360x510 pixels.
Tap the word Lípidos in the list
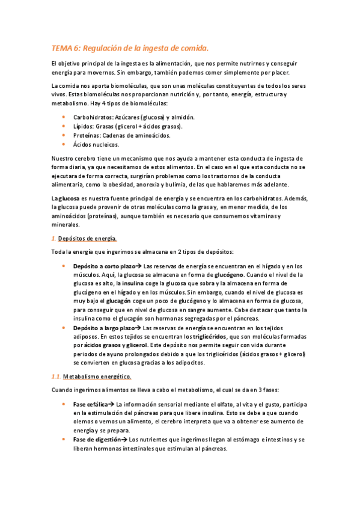click(x=84, y=126)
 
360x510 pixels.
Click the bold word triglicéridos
click(x=210, y=337)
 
